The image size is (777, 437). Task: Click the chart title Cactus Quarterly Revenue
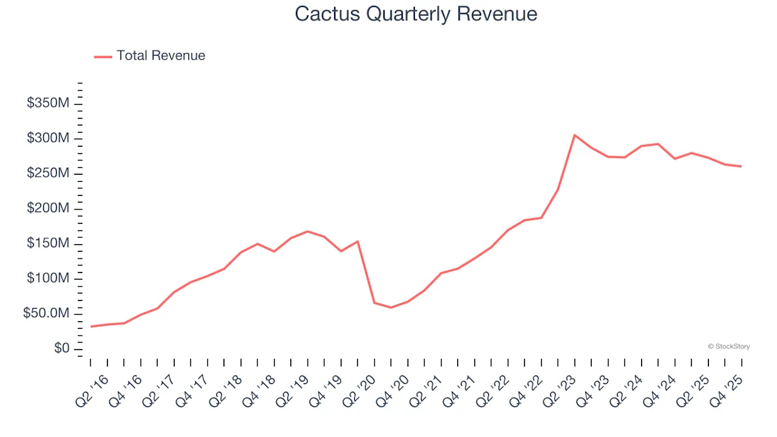click(416, 14)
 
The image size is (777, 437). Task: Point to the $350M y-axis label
click(48, 104)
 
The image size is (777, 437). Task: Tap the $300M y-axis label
click(48, 139)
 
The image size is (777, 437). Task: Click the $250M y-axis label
click(48, 174)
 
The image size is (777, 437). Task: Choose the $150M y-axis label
click(48, 243)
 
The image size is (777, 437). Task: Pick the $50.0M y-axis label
click(47, 313)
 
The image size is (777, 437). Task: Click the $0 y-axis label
click(62, 349)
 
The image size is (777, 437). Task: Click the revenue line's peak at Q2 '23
click(574, 135)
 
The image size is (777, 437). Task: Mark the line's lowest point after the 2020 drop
click(390, 308)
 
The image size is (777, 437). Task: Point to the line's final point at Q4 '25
click(741, 166)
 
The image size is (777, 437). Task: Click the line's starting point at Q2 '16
click(91, 326)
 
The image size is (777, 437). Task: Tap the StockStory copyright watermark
click(729, 347)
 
